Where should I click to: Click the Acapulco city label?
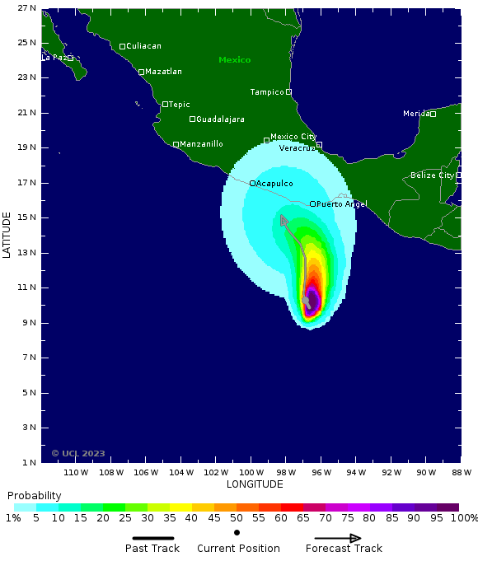[274, 183]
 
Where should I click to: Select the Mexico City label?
[293, 137]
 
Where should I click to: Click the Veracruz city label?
[297, 148]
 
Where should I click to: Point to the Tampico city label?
[267, 92]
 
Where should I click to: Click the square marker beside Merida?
[433, 114]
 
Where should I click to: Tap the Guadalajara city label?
[220, 119]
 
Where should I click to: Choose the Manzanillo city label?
[201, 144]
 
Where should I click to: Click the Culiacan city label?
[143, 46]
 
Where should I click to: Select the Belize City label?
[432, 175]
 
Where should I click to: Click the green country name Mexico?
[234, 60]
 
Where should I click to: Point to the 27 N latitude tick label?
[26, 8]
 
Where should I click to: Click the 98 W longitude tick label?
[286, 473]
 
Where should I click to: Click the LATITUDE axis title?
[7, 235]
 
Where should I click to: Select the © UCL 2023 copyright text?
[78, 453]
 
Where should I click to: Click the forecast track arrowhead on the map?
[283, 219]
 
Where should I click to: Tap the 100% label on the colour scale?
[463, 518]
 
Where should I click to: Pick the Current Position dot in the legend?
[237, 532]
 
